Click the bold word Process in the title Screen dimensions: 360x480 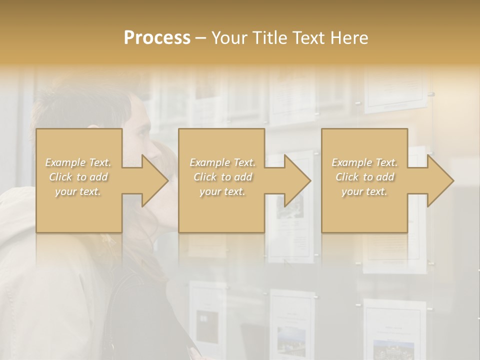tap(157, 38)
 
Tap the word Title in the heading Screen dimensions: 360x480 tap(269, 38)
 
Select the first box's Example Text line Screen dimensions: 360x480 tap(78, 162)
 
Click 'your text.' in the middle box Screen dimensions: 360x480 tap(222, 191)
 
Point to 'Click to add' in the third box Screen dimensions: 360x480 tap(364, 177)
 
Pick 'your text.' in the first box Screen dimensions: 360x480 tap(78, 191)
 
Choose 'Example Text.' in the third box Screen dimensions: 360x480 tap(364, 162)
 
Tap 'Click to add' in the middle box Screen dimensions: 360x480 tap(222, 177)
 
